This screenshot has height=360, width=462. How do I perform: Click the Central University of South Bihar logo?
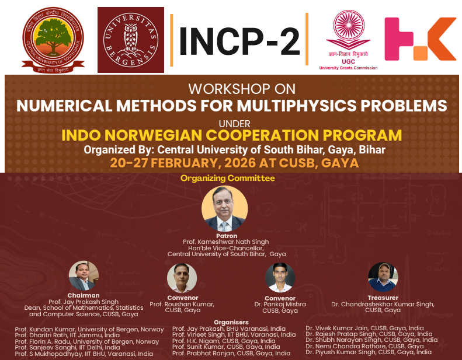(53, 40)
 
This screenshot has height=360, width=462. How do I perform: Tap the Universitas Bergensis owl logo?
(130, 39)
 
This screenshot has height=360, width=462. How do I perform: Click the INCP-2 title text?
(239, 40)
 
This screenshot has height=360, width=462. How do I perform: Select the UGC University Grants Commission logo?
(348, 39)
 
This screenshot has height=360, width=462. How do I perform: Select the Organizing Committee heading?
(227, 177)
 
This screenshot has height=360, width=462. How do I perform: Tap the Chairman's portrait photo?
(84, 275)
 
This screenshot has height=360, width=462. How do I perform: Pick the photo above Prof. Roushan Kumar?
(182, 278)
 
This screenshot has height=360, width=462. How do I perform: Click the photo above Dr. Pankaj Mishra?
(280, 278)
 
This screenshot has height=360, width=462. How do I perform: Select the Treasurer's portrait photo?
(383, 277)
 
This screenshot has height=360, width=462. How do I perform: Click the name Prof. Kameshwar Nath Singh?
(226, 242)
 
